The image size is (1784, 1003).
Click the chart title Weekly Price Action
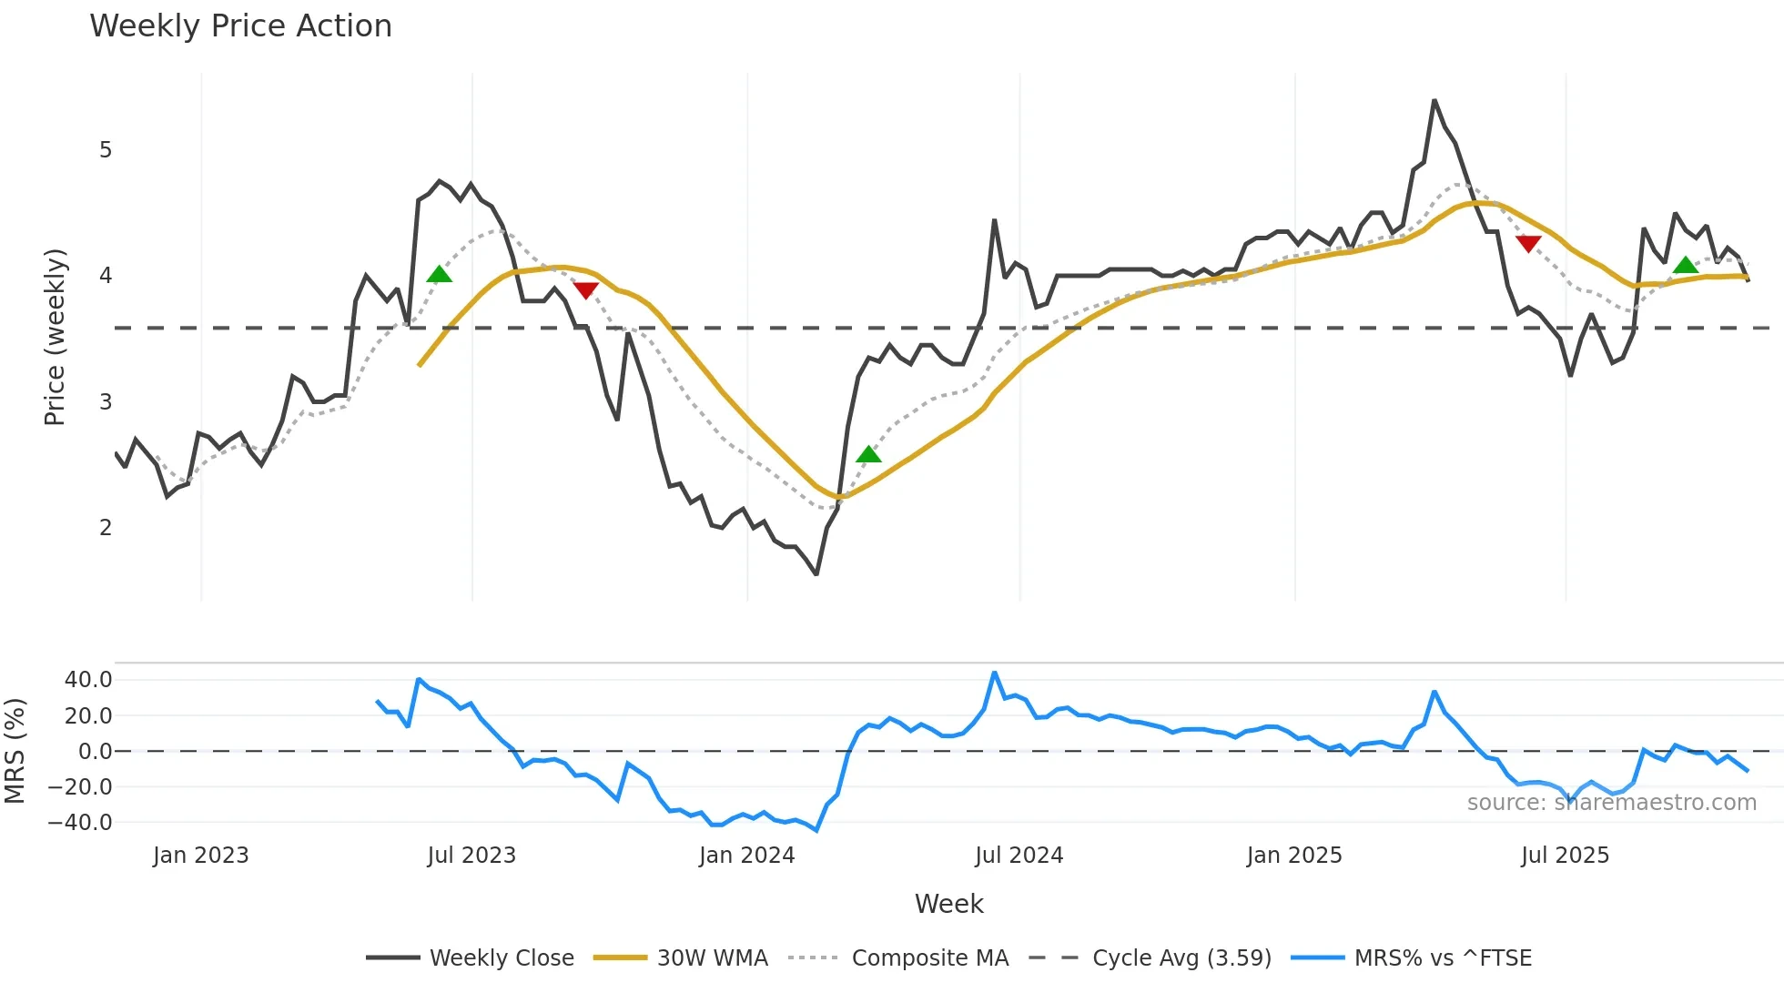(240, 26)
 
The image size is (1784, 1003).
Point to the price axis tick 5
(106, 150)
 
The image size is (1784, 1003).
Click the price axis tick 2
(106, 528)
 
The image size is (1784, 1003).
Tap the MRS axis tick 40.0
(88, 680)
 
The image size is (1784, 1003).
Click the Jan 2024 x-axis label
(746, 856)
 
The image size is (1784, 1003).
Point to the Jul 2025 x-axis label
(1565, 856)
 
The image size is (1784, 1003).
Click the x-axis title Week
(948, 904)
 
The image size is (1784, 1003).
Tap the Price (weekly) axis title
(55, 337)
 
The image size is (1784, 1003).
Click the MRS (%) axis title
(15, 751)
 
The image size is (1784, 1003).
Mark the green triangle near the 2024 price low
(868, 454)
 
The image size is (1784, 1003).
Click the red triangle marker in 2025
(1528, 243)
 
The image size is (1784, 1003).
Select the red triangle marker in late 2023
(586, 290)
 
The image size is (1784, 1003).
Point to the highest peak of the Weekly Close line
(1434, 100)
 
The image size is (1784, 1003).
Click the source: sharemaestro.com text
(1611, 803)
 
